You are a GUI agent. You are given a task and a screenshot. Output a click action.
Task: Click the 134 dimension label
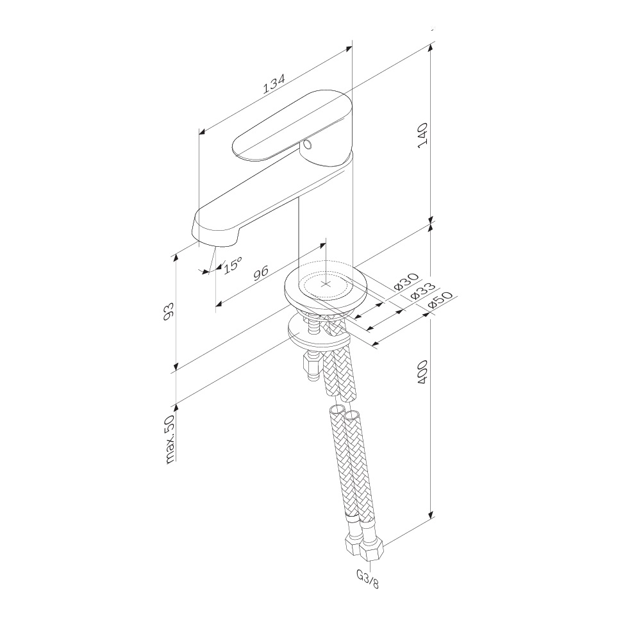(x=274, y=84)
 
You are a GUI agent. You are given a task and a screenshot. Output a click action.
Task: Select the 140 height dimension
(x=422, y=135)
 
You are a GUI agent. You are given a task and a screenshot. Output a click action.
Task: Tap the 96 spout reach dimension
(x=260, y=272)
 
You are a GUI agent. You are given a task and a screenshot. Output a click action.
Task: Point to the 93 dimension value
(x=169, y=311)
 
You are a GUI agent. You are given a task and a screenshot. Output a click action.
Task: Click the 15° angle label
(x=233, y=265)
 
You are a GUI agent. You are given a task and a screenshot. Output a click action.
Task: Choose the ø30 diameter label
(x=407, y=281)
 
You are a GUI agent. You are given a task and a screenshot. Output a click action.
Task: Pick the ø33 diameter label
(x=422, y=290)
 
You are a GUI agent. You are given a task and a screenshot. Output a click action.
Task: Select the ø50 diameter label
(x=440, y=301)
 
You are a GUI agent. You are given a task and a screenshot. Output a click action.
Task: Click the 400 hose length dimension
(x=422, y=372)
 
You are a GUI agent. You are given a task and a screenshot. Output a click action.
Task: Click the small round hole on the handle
(x=308, y=144)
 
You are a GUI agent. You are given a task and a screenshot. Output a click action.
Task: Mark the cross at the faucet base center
(x=326, y=284)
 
